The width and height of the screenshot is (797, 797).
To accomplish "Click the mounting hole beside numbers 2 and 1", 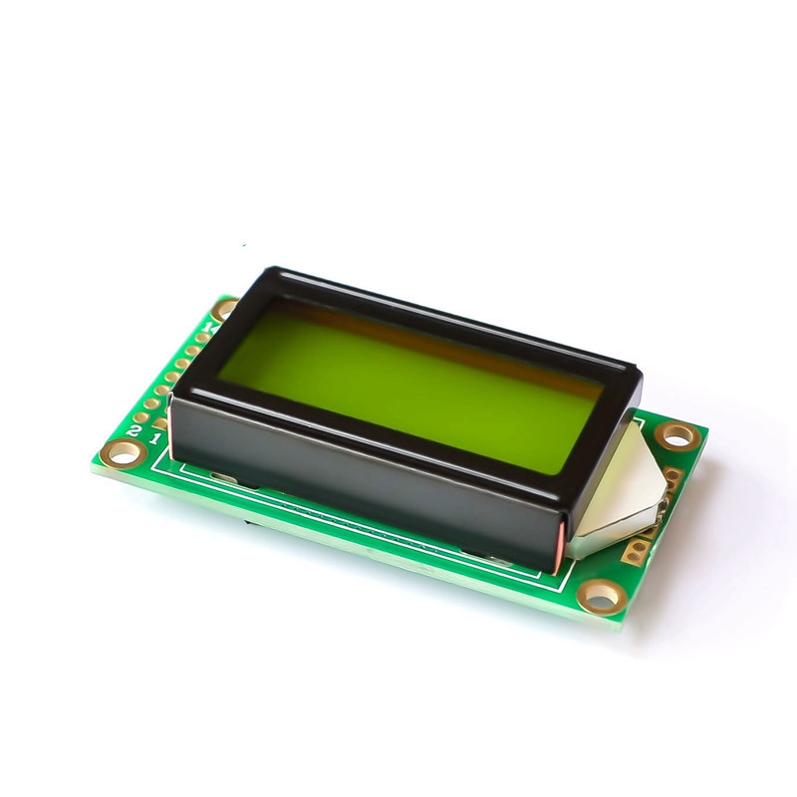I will tap(125, 453).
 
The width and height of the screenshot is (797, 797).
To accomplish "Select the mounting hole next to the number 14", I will tap(226, 309).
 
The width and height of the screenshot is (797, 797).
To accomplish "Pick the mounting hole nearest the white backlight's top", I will tap(677, 434).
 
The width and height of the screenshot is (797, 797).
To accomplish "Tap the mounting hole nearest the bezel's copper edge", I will tap(601, 596).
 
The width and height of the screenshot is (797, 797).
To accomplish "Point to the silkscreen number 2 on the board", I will tap(134, 430).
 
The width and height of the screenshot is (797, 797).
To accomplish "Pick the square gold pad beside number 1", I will tap(161, 423).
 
